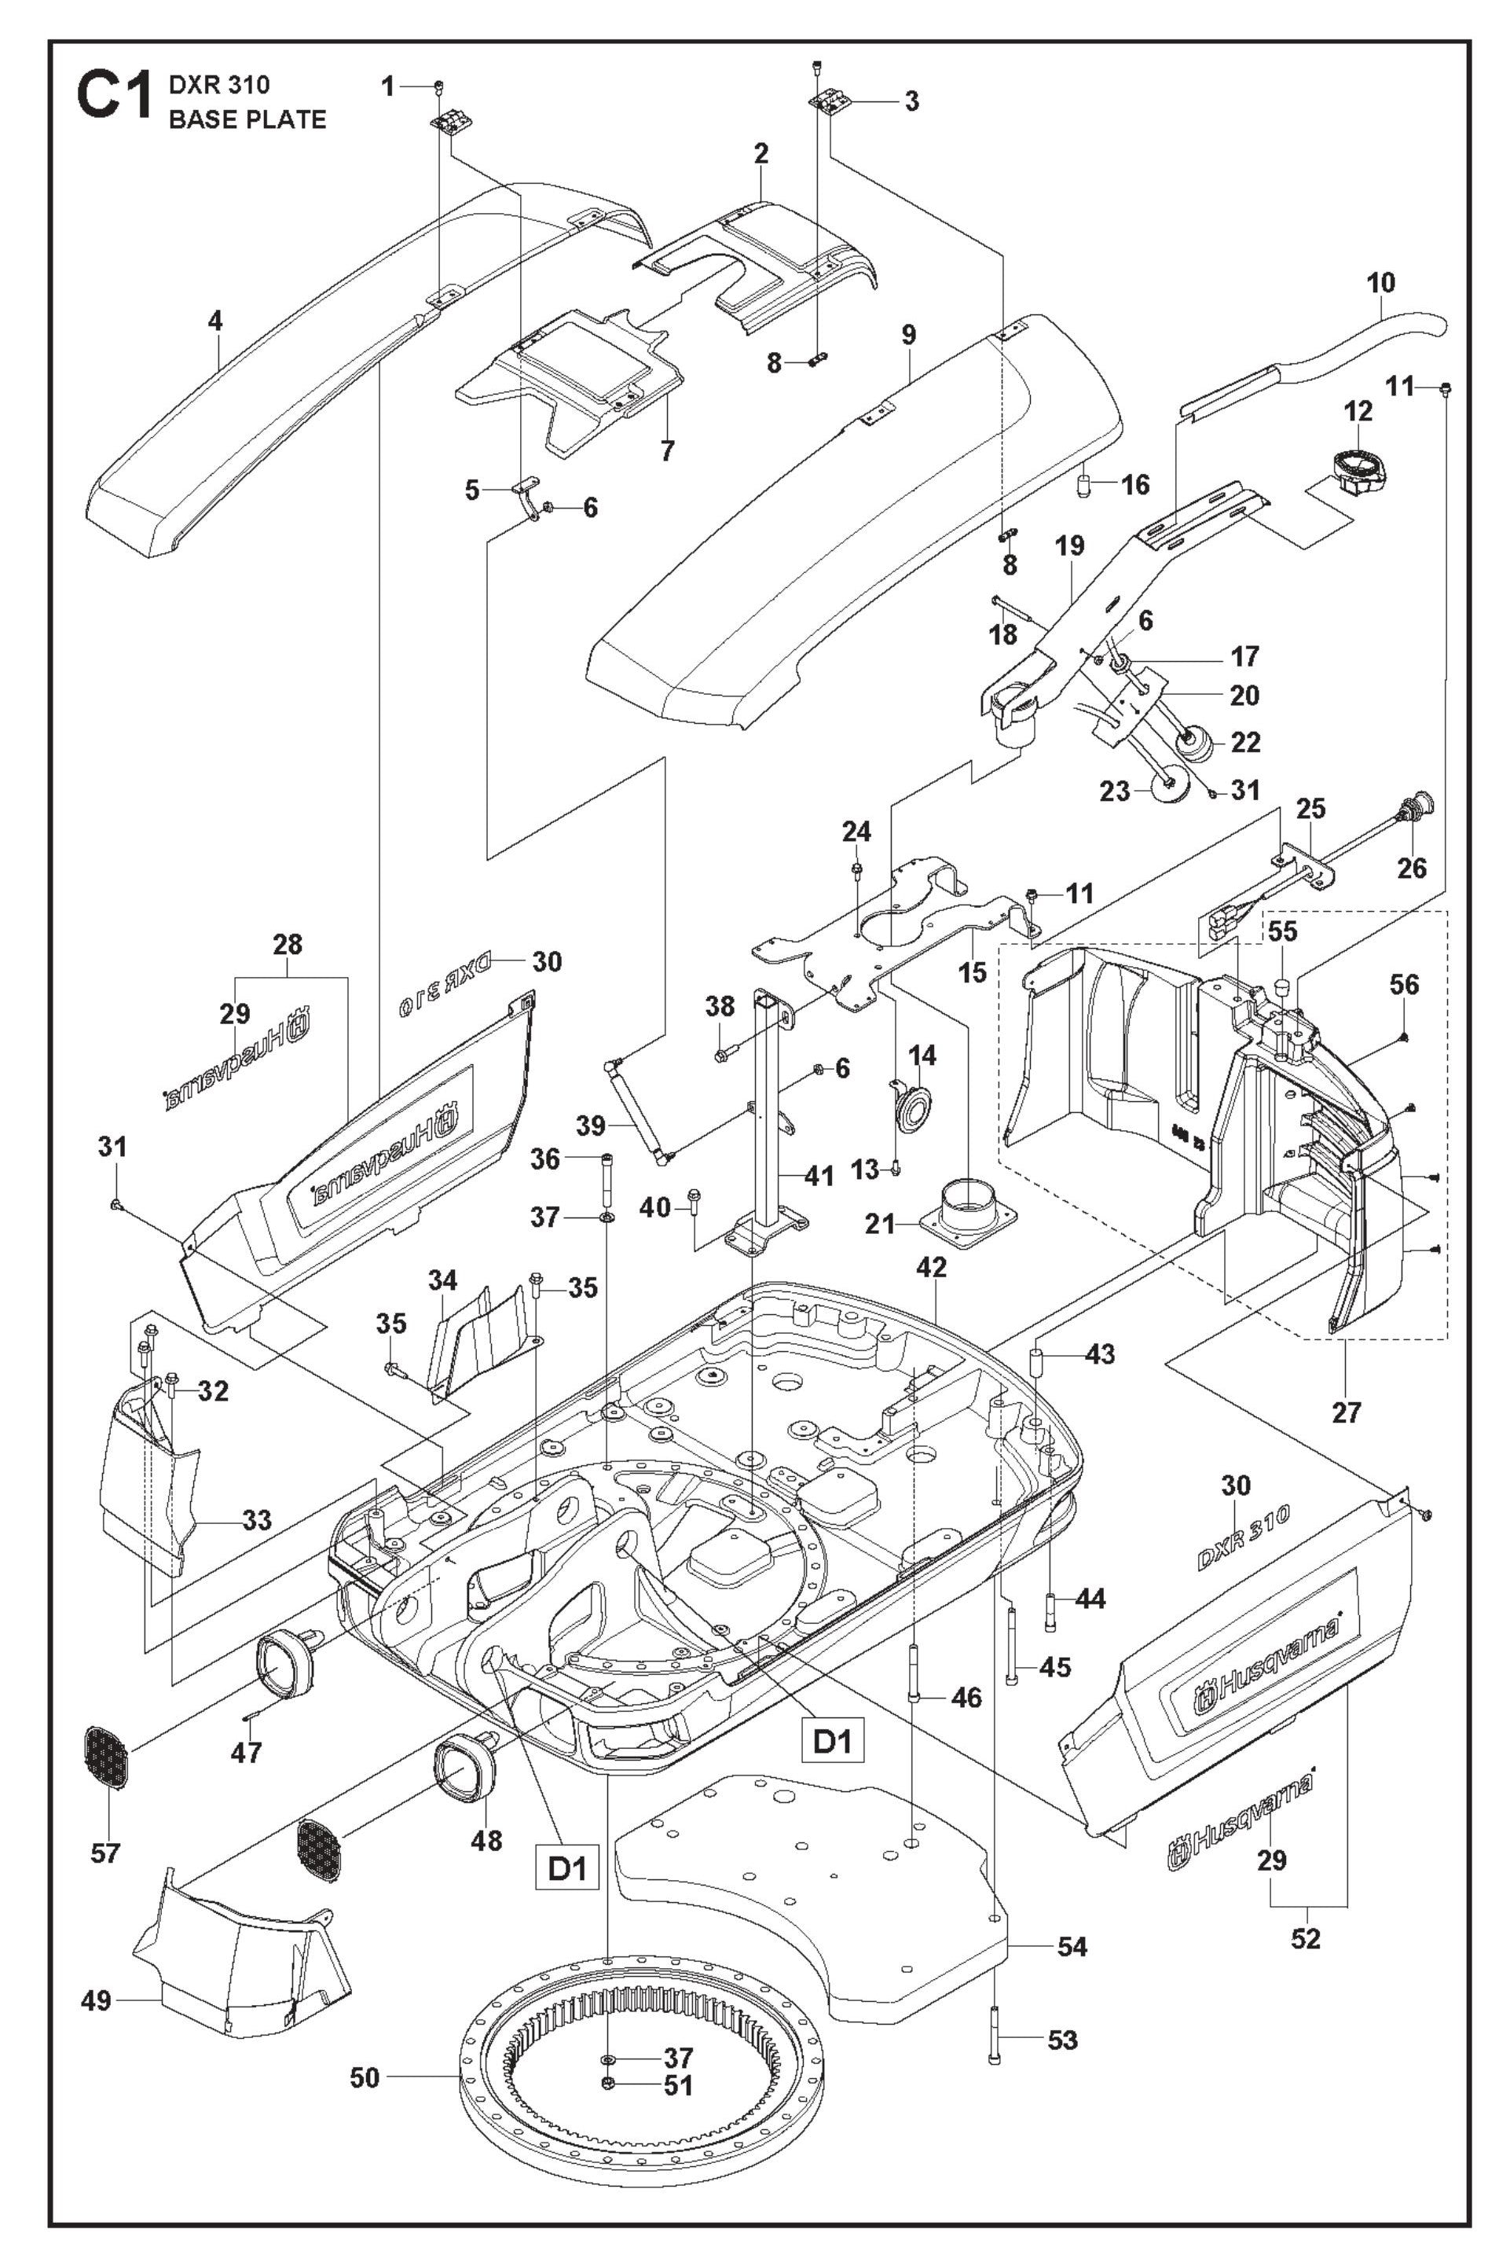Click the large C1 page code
tap(114, 98)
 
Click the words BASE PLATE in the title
tap(247, 119)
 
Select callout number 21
tap(880, 1225)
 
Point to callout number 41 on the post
tap(819, 1177)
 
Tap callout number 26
tap(1411, 867)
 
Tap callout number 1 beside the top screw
tap(388, 86)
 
